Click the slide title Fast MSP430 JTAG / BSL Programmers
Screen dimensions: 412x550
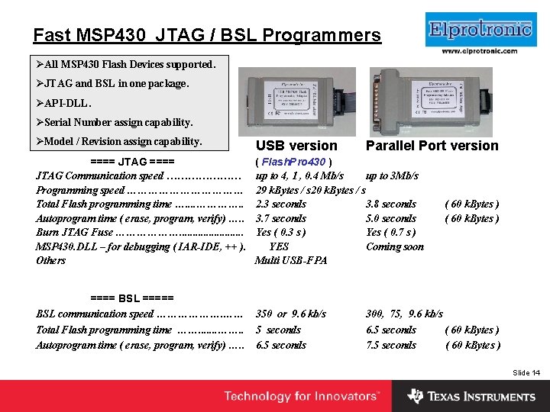click(207, 35)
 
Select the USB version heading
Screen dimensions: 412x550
click(296, 146)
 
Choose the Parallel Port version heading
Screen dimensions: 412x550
click(432, 146)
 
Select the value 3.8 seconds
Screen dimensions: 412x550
click(391, 204)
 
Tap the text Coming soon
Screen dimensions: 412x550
click(394, 246)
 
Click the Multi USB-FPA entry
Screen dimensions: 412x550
click(290, 260)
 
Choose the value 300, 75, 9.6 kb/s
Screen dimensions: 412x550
click(404, 314)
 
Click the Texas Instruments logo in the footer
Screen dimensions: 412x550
click(471, 396)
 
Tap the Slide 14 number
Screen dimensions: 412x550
click(526, 372)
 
